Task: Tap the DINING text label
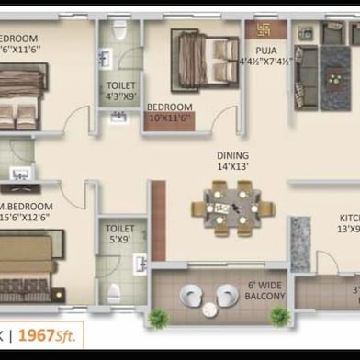click(x=232, y=156)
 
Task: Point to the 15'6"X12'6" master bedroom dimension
click(x=27, y=219)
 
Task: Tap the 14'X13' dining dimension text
click(x=232, y=169)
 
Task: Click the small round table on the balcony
click(x=208, y=294)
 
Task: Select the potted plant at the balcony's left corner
click(x=159, y=319)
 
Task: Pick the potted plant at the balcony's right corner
click(x=281, y=318)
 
